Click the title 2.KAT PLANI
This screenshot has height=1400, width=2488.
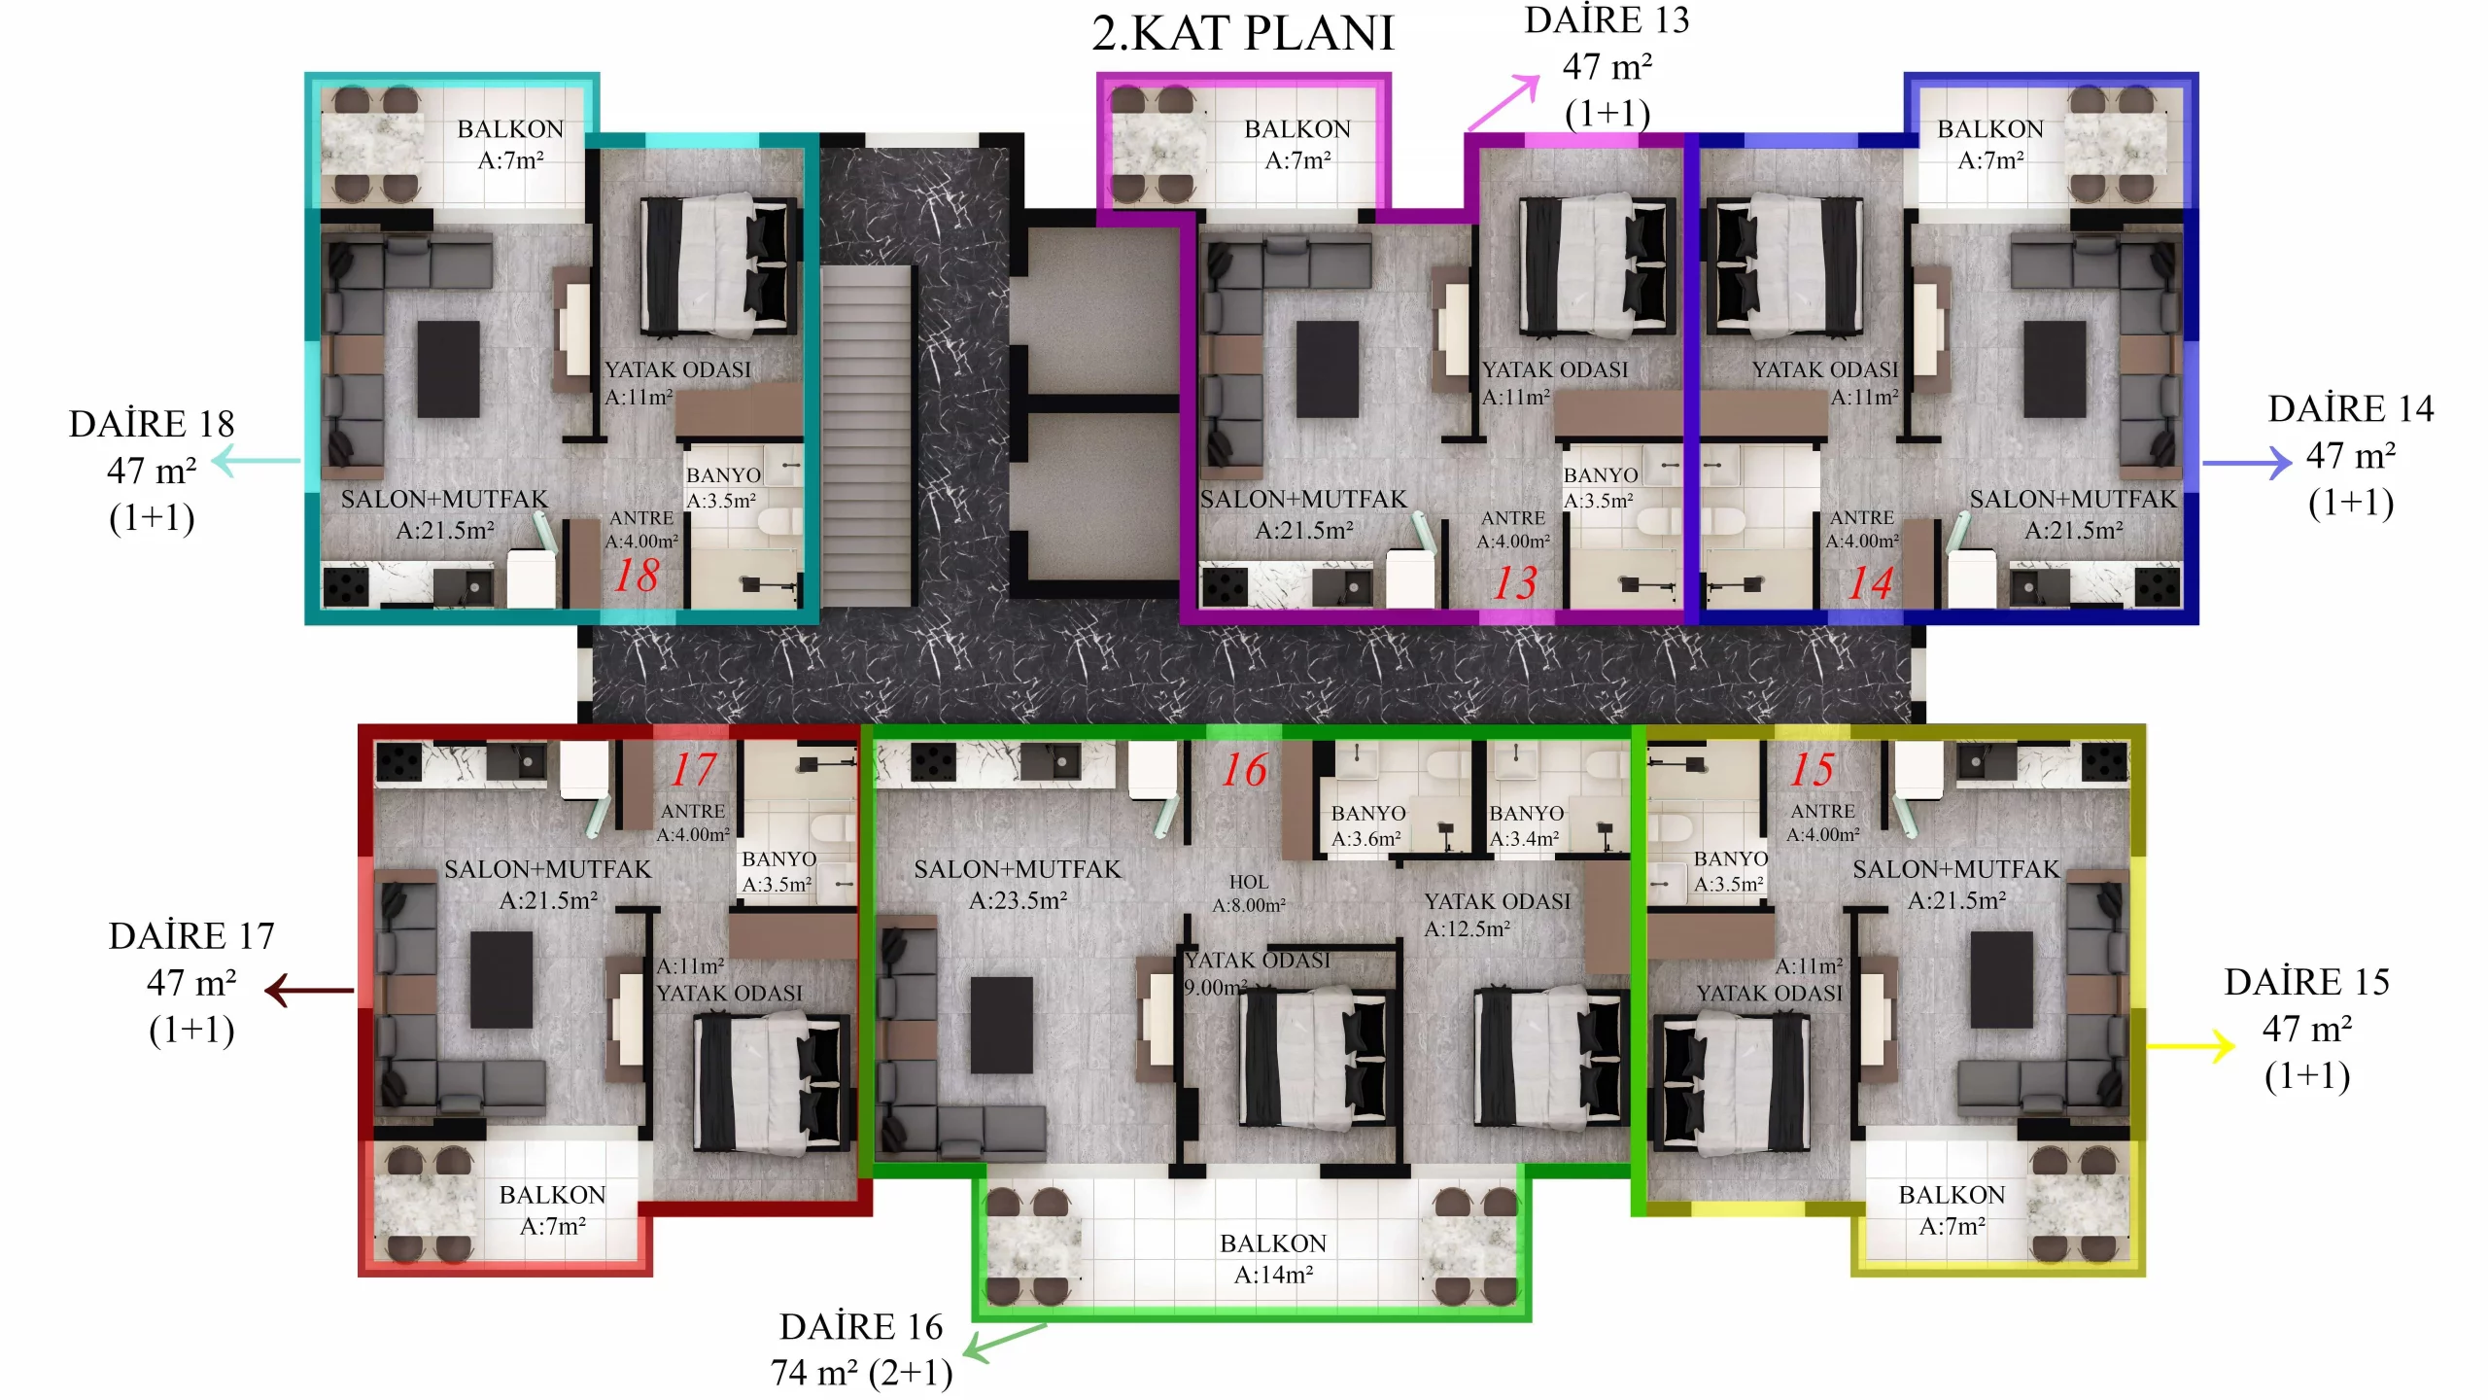1243,33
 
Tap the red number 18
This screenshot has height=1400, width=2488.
637,575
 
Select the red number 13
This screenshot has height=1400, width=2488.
1515,582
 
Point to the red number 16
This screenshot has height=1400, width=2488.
1244,770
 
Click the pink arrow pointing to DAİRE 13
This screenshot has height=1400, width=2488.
1503,102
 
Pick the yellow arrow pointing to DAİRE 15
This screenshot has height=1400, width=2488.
2191,1046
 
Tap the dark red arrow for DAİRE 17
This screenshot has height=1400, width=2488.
309,991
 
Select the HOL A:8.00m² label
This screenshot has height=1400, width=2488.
1249,893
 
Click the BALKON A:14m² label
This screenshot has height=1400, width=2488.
1273,1259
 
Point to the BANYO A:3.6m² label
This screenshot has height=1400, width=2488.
1367,825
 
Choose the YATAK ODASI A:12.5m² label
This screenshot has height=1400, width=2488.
1497,915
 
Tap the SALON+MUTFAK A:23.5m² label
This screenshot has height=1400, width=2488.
1018,885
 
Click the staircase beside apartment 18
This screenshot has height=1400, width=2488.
867,437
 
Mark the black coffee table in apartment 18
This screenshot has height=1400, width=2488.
448,369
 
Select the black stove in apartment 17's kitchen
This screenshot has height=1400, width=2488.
398,762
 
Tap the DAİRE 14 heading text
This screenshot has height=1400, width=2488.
2350,409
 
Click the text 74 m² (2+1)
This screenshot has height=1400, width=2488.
862,1373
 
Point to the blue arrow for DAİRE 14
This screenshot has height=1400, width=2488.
2247,463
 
